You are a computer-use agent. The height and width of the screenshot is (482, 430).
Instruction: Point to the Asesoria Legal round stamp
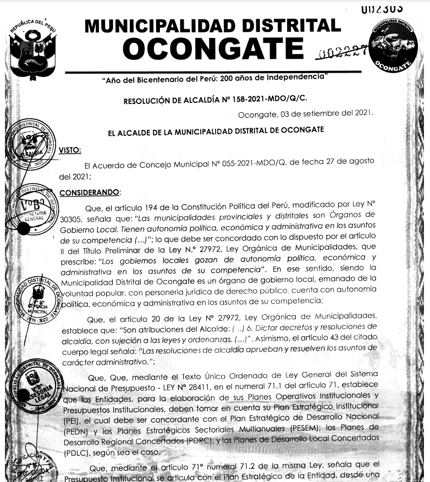pyautogui.click(x=33, y=386)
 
